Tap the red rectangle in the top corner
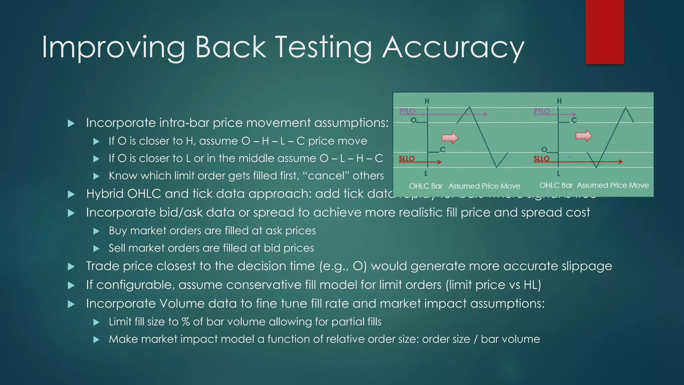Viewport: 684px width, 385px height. pos(605,32)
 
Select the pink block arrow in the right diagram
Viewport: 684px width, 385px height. pos(584,136)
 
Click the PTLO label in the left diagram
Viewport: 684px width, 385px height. pos(407,111)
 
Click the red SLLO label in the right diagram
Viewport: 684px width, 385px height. pos(541,159)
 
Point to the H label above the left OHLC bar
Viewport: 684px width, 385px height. pos(427,101)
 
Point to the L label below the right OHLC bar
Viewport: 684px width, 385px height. pos(558,173)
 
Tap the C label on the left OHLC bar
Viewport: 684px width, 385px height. pos(443,150)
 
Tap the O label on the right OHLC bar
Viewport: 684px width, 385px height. pos(544,149)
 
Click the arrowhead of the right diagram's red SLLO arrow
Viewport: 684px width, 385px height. pos(620,162)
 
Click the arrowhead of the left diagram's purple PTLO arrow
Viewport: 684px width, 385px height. pos(485,114)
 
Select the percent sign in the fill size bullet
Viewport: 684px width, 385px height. pos(186,322)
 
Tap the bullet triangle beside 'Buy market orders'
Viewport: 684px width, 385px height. pos(97,231)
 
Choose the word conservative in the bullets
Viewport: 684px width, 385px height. pos(263,285)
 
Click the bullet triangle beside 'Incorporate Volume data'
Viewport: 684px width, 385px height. pos(71,304)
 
